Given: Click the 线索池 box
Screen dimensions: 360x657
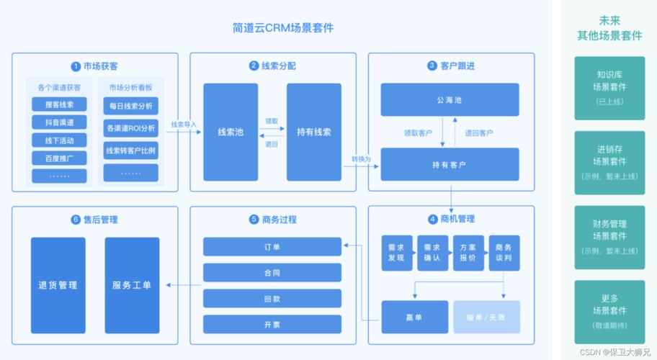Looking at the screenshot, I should pyautogui.click(x=231, y=132).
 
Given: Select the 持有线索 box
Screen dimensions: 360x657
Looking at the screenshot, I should pyautogui.click(x=313, y=132).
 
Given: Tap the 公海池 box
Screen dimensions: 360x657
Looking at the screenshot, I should pyautogui.click(x=450, y=99).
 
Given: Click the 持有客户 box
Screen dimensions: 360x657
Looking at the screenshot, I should pyautogui.click(x=450, y=164).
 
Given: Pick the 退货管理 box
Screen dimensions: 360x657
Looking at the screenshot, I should pyautogui.click(x=58, y=285).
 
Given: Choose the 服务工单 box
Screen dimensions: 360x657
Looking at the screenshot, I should pyautogui.click(x=132, y=285).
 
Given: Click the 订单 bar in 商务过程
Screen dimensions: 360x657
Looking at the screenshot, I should pyautogui.click(x=272, y=247).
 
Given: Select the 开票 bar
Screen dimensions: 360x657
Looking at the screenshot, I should pyautogui.click(x=272, y=324).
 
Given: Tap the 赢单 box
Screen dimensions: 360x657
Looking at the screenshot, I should pyautogui.click(x=414, y=317).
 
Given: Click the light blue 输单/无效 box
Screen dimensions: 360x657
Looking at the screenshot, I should pyautogui.click(x=487, y=317).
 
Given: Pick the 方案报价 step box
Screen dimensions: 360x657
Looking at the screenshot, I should pyautogui.click(x=468, y=253).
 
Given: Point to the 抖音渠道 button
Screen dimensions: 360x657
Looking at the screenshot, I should pyautogui.click(x=59, y=122).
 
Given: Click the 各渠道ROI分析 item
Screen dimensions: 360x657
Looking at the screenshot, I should pyautogui.click(x=130, y=129).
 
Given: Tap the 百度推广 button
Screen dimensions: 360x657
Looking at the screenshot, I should pyautogui.click(x=59, y=158).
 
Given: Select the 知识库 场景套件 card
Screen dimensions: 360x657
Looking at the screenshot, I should pyautogui.click(x=611, y=86).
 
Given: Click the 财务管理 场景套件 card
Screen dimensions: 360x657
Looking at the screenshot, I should pyautogui.click(x=611, y=237).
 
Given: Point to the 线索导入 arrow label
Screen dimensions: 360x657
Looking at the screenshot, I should pyautogui.click(x=184, y=125).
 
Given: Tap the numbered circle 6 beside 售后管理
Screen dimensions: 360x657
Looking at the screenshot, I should pyautogui.click(x=76, y=220).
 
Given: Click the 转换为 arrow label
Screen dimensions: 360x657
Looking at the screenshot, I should pyautogui.click(x=361, y=158).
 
